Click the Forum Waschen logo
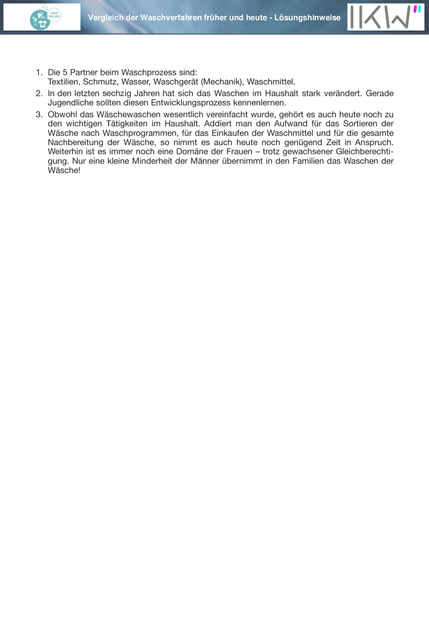(45, 18)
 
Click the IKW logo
(386, 17)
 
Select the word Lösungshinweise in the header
(307, 18)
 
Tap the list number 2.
(39, 93)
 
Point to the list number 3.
(39, 114)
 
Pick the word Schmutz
(100, 82)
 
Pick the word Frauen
(239, 151)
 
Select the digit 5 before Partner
(65, 72)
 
